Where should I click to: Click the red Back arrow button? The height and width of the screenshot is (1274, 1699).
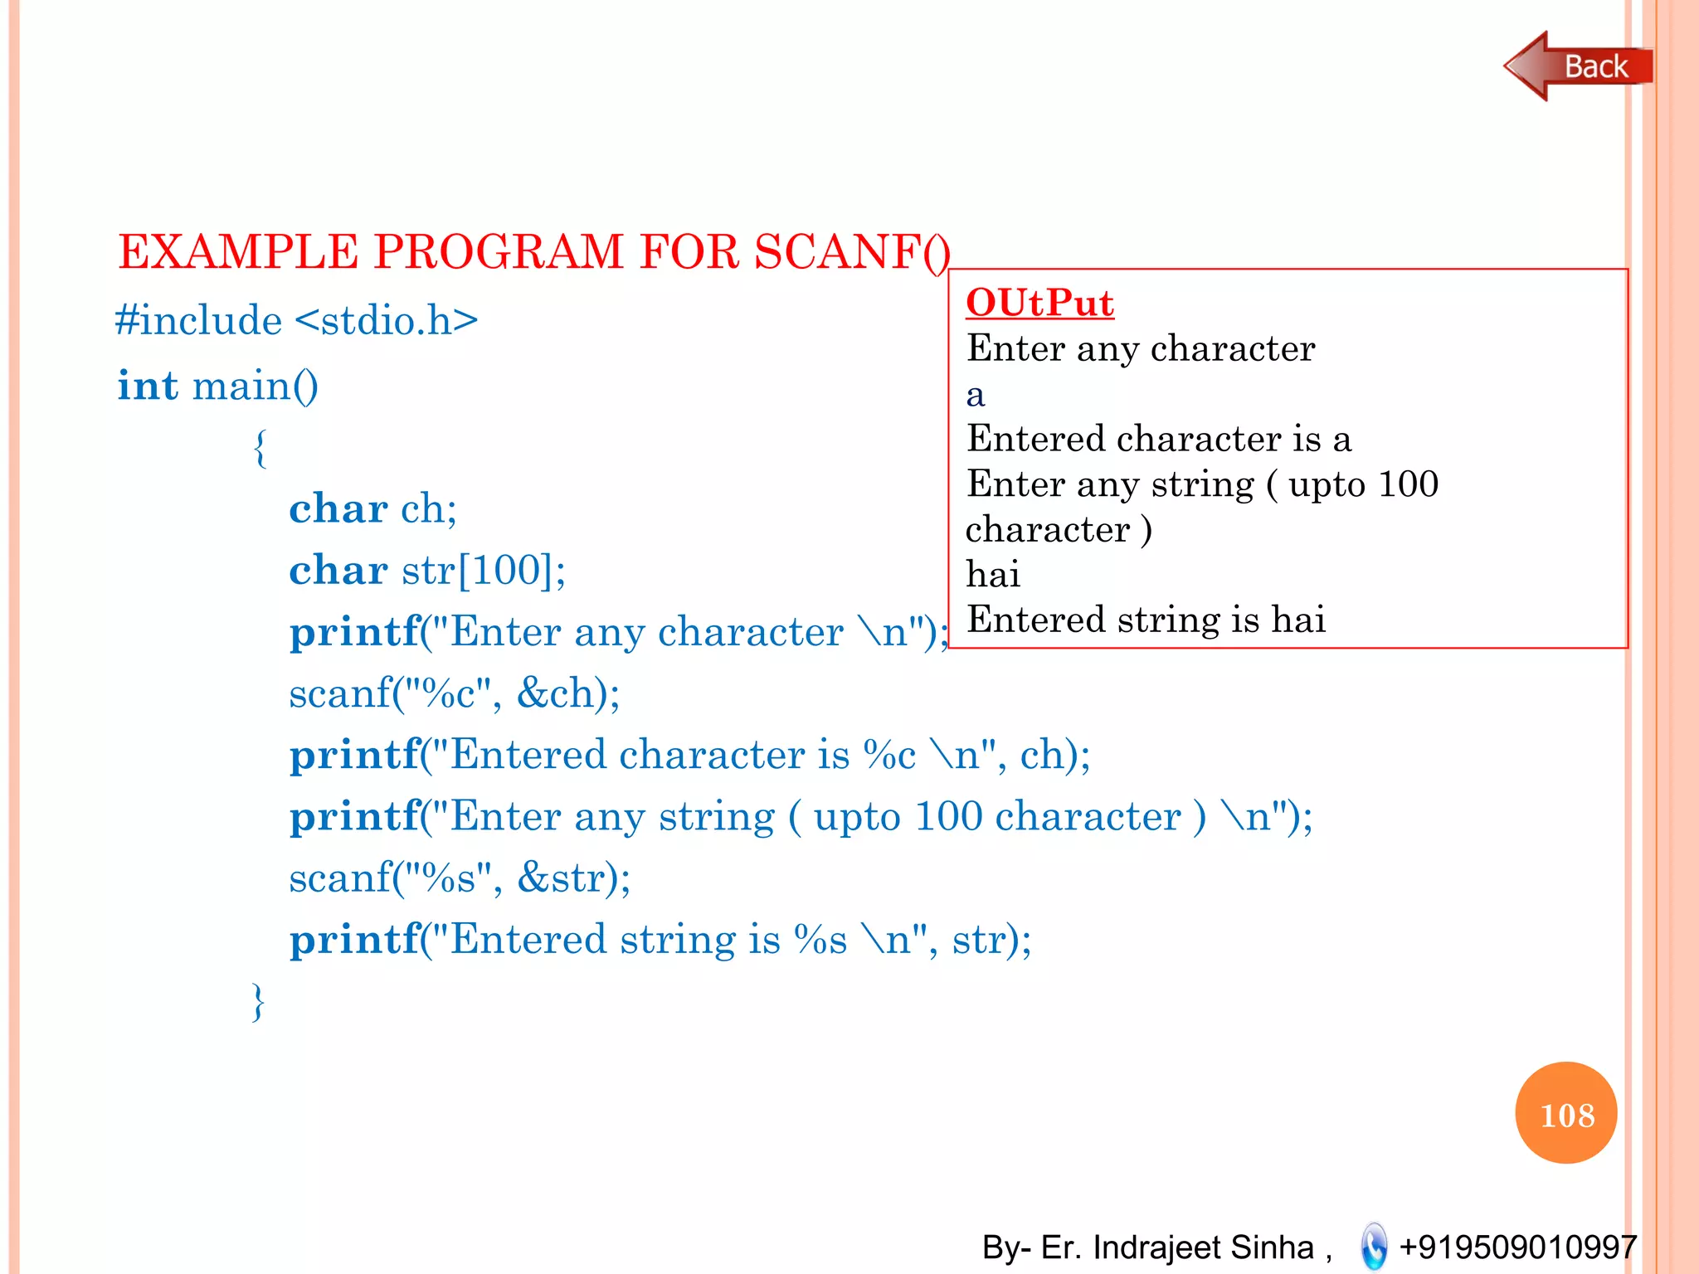click(1576, 66)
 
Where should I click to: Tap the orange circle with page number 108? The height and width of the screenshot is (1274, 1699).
click(1565, 1113)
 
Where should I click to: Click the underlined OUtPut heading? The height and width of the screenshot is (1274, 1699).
click(1039, 303)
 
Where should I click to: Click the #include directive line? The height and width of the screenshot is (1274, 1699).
click(296, 320)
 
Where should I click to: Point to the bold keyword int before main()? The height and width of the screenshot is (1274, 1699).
click(148, 386)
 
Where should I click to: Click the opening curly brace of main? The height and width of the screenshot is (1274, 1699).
click(260, 448)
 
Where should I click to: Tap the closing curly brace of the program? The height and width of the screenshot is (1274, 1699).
click(258, 1001)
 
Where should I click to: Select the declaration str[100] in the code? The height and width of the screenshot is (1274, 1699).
click(483, 571)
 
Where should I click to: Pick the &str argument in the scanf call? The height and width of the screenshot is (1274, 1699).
click(572, 878)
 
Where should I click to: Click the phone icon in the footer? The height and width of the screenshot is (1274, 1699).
click(1374, 1246)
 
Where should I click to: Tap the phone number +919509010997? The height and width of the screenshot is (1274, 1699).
click(1517, 1247)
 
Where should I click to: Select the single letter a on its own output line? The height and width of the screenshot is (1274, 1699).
click(976, 396)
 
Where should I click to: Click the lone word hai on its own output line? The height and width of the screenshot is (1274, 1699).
click(993, 574)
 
